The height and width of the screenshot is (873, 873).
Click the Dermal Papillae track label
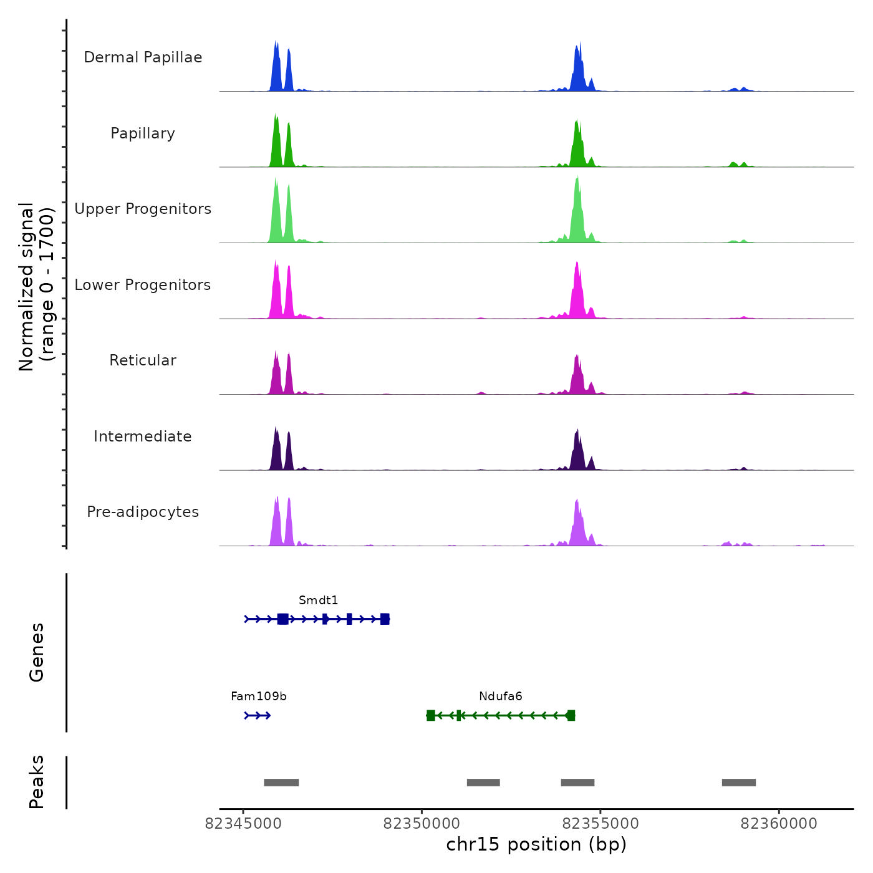(143, 57)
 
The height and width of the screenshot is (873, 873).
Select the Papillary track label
(143, 133)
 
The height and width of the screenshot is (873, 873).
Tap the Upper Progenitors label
(143, 209)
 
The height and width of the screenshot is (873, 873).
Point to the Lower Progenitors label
(143, 285)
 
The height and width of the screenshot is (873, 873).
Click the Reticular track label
(143, 360)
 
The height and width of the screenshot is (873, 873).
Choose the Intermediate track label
(143, 436)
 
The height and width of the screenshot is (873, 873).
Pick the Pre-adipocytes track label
(143, 512)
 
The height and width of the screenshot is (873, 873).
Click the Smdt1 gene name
(318, 600)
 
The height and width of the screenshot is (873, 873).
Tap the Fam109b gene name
(259, 697)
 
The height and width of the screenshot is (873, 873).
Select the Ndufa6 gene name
(501, 697)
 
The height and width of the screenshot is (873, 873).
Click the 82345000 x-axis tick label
(243, 824)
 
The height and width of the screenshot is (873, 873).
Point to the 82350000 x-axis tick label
(422, 824)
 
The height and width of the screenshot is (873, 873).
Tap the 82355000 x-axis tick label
(600, 824)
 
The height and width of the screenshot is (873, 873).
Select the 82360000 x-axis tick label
(779, 824)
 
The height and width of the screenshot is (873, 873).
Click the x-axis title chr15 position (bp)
(536, 844)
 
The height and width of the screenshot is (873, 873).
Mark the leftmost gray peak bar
(281, 783)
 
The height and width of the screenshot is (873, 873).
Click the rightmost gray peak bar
(739, 783)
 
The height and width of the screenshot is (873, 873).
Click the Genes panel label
(37, 652)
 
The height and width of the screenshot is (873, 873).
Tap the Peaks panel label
(37, 782)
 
